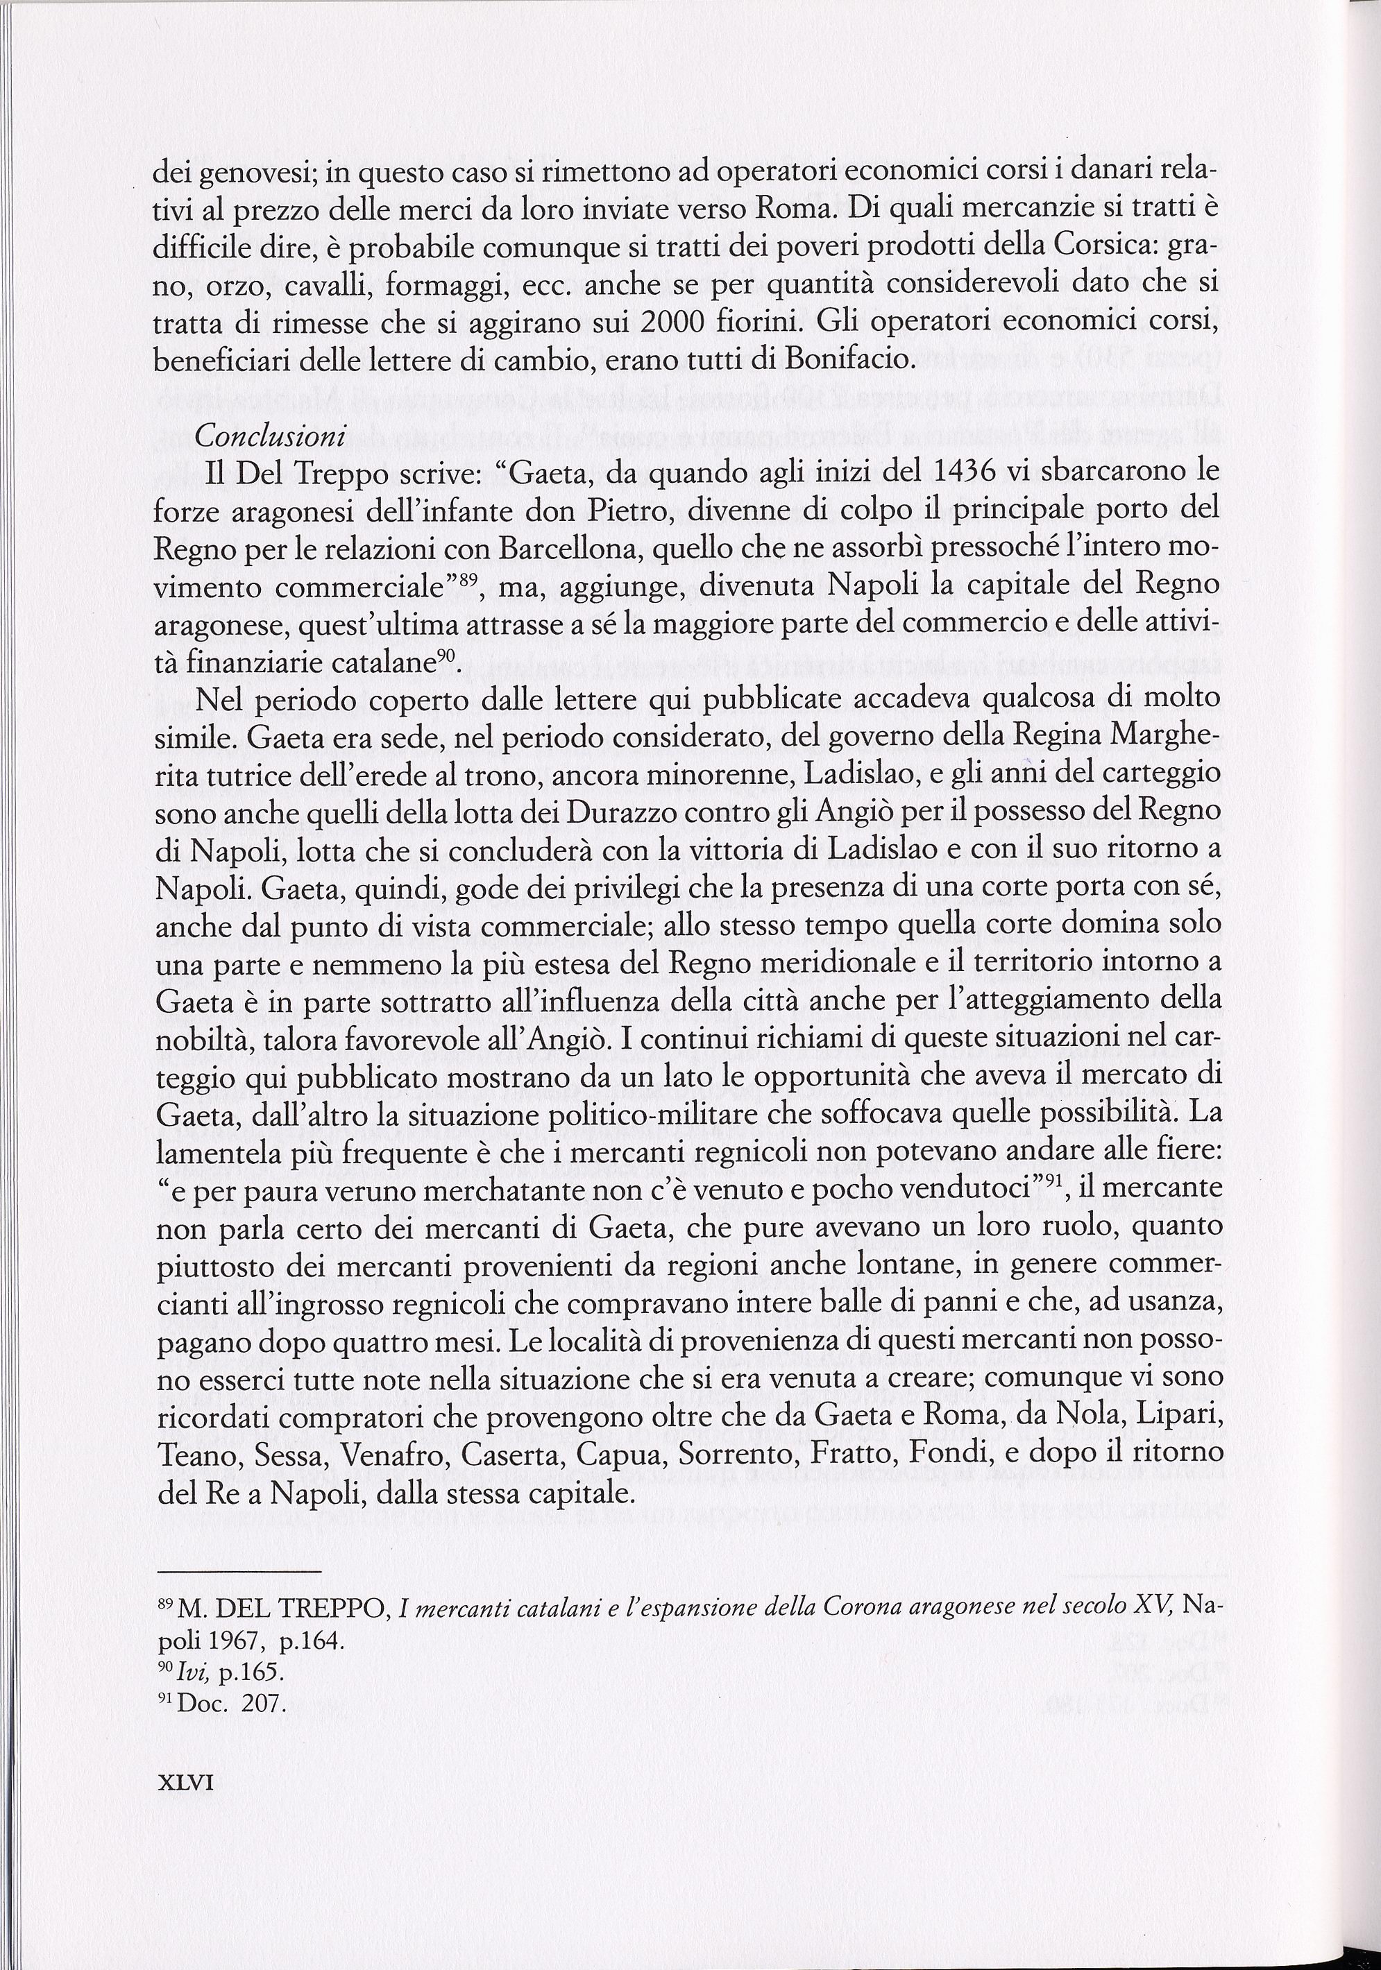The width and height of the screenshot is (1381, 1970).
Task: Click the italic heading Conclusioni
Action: [269, 437]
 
